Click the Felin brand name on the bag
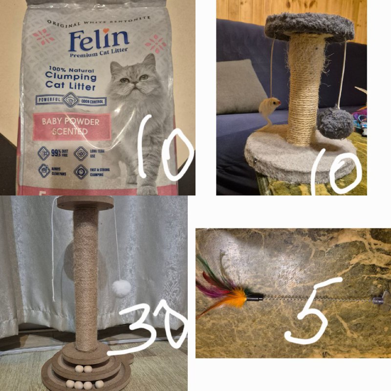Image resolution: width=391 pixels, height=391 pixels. [x=99, y=41]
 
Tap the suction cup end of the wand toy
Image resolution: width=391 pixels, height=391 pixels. [x=381, y=298]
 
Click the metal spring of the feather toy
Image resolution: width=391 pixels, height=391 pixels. [x=313, y=298]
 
